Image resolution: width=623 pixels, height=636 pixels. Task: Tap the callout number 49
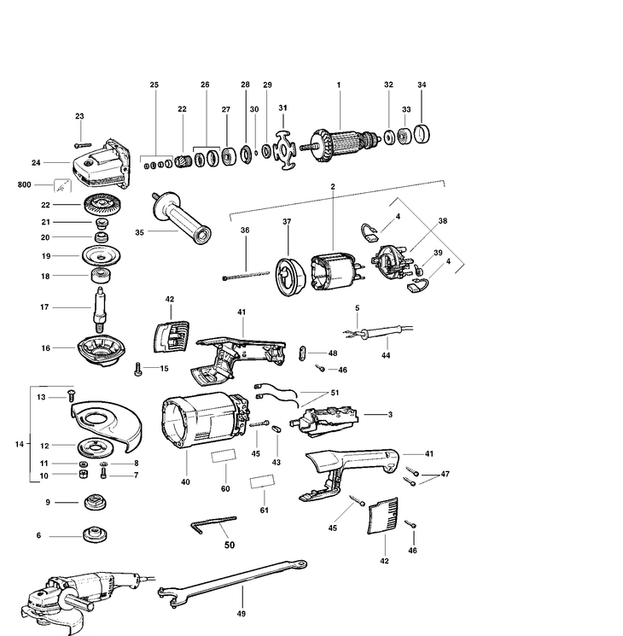(x=242, y=614)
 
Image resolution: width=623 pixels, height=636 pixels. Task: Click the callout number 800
(x=23, y=184)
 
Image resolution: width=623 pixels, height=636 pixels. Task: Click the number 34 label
(x=422, y=85)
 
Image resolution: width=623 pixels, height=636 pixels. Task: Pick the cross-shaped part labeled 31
(x=283, y=150)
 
